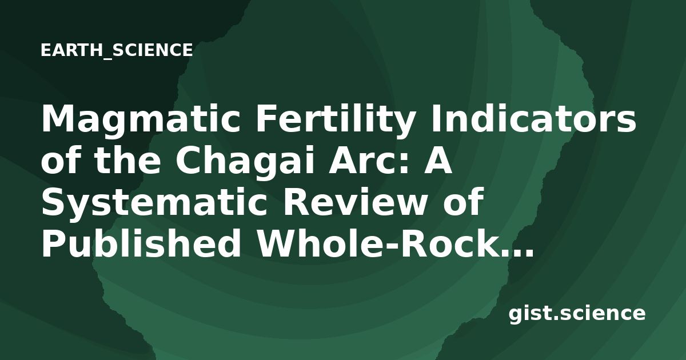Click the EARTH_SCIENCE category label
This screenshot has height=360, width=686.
coord(117,50)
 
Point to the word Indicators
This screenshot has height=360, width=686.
coord(533,118)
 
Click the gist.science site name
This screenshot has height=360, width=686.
coord(577,314)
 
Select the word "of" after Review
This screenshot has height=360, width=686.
coord(460,201)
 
